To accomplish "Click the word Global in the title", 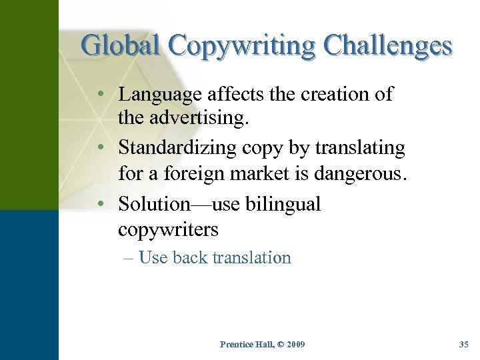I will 121,45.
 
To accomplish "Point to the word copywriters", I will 168,229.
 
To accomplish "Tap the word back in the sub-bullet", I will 189,257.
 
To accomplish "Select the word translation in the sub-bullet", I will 251,257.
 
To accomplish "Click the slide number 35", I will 464,345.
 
